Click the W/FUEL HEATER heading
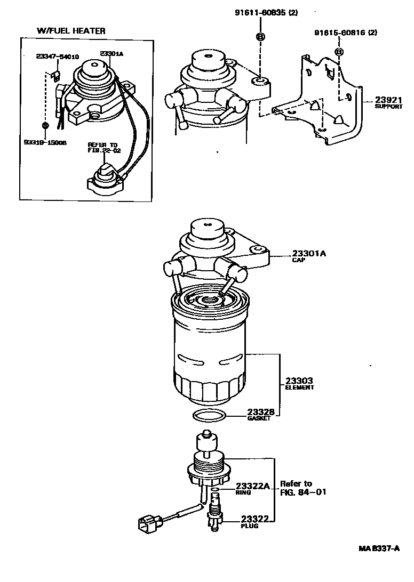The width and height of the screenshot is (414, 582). (71, 31)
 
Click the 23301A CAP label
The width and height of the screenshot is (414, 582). (308, 256)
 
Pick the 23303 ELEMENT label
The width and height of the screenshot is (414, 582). (299, 384)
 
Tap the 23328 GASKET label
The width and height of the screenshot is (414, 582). (261, 415)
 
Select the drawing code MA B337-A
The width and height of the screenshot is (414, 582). (378, 548)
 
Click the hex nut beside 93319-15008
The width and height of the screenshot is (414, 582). (45, 125)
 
